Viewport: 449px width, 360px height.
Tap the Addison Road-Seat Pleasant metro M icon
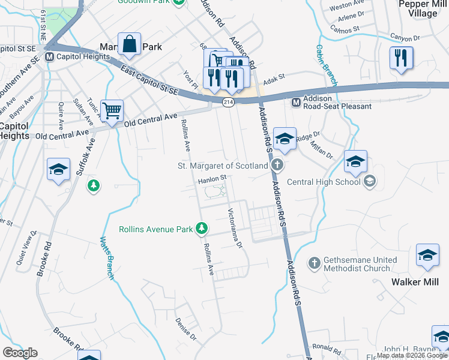coord(295,102)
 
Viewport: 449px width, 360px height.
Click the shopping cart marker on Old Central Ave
coord(112,111)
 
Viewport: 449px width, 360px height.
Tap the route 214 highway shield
coord(228,103)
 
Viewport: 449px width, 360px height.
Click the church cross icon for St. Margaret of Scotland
coord(277,165)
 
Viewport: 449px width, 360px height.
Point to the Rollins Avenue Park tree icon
coord(203,229)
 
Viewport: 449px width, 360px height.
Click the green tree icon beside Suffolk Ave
coord(93,185)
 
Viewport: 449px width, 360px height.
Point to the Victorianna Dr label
coord(235,229)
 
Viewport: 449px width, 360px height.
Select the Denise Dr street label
coord(185,329)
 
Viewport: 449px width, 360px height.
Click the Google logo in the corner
coord(20,353)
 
